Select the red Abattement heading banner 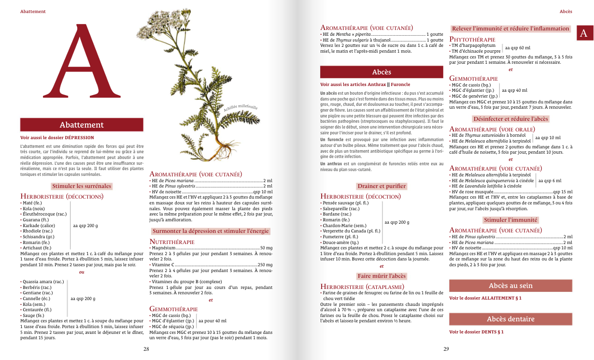point(82,125)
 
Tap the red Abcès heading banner point(382,72)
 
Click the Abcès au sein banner point(510,286)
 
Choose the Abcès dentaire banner point(510,319)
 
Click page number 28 point(146,349)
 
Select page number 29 point(446,349)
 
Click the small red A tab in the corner point(584,33)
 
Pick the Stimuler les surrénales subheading point(82,186)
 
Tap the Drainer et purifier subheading point(382,186)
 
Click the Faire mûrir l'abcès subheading point(382,276)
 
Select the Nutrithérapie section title point(172,241)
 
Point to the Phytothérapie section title point(472,39)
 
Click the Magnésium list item point(162,248)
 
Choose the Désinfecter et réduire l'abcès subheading point(510,119)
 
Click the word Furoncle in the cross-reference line point(400,84)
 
